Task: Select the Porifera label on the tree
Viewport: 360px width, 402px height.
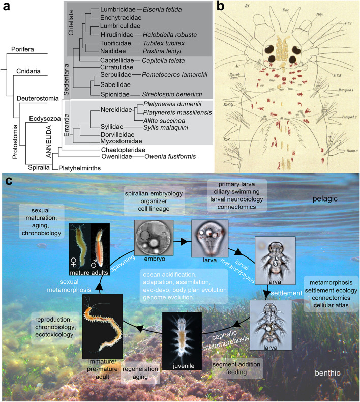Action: [x=23, y=49]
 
